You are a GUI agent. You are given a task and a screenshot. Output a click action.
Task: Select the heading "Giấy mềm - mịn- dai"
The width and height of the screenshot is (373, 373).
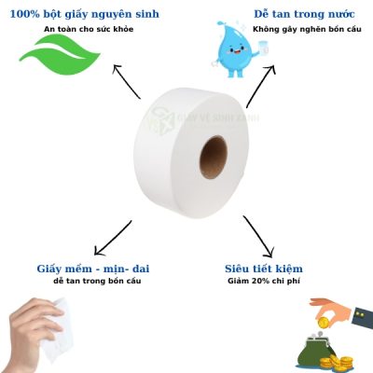(92, 269)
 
